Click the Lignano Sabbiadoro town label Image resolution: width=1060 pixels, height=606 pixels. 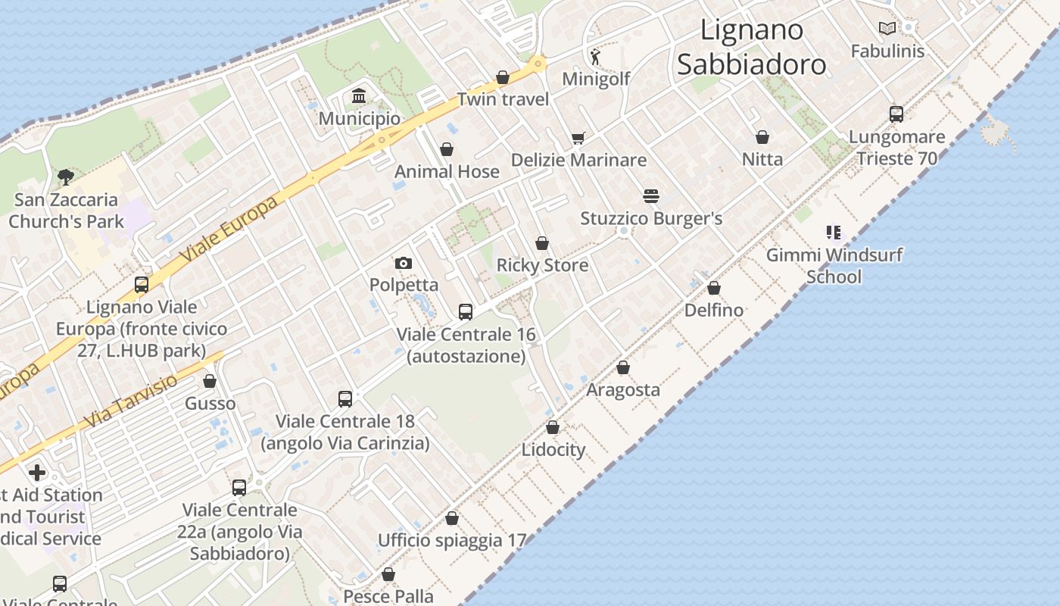coord(751,47)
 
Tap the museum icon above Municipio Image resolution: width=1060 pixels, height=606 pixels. coord(359,96)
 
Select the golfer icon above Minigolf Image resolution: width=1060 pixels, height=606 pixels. coord(596,56)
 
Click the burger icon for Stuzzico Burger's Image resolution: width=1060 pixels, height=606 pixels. coord(651,196)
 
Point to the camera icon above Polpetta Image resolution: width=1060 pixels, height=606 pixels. coord(404,263)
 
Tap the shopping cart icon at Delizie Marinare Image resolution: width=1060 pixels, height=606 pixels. coord(578,138)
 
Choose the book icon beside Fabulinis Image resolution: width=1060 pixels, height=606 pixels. coord(887,29)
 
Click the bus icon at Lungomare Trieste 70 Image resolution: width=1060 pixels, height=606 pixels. coord(896,114)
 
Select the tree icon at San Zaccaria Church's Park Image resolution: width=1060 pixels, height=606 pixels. coord(66,177)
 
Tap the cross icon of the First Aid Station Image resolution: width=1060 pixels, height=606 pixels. coord(37,473)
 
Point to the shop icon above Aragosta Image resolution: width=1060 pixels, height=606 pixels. coord(623,368)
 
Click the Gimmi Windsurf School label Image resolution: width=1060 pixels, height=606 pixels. coord(834,265)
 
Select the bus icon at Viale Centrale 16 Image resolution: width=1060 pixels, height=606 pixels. coord(466,312)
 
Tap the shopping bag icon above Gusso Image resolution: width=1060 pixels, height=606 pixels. coord(210,381)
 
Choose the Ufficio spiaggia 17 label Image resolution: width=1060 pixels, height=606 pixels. coord(451,540)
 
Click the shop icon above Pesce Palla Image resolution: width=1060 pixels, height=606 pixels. coord(388,575)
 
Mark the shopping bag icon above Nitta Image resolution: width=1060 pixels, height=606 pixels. coord(762,137)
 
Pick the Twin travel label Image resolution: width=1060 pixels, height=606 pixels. coord(503,99)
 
